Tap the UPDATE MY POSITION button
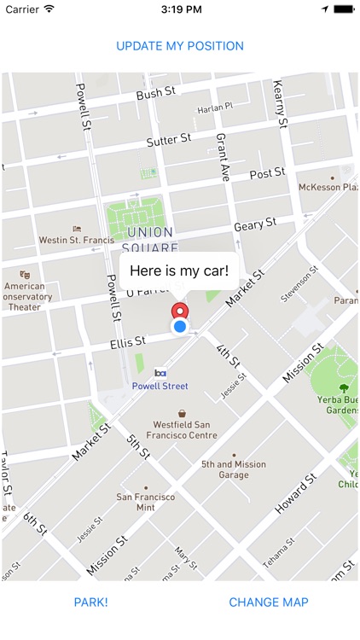[180, 46]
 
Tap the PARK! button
[91, 602]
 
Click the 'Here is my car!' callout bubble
[179, 271]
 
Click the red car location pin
[180, 312]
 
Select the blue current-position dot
[180, 326]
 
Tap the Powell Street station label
[160, 386]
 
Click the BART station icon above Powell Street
[160, 373]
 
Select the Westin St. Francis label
[77, 240]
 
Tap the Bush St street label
[154, 94]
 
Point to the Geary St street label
[255, 224]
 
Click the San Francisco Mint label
[146, 502]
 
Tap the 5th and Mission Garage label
[234, 469]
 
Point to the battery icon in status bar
[344, 9]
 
